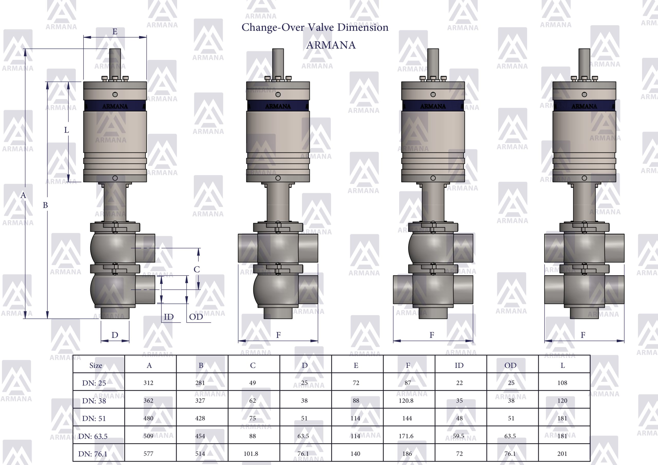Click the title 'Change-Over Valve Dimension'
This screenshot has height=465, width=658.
[315, 27]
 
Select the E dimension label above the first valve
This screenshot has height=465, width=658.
[115, 32]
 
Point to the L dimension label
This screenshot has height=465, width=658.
[67, 130]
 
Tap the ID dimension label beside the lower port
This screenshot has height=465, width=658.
[169, 317]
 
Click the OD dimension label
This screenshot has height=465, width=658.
[196, 317]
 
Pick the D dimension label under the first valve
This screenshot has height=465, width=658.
[115, 335]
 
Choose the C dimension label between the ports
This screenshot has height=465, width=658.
[197, 269]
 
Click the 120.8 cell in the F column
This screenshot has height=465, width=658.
[406, 401]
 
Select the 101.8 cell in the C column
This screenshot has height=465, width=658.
[251, 454]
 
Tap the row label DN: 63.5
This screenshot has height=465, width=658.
[93, 436]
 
